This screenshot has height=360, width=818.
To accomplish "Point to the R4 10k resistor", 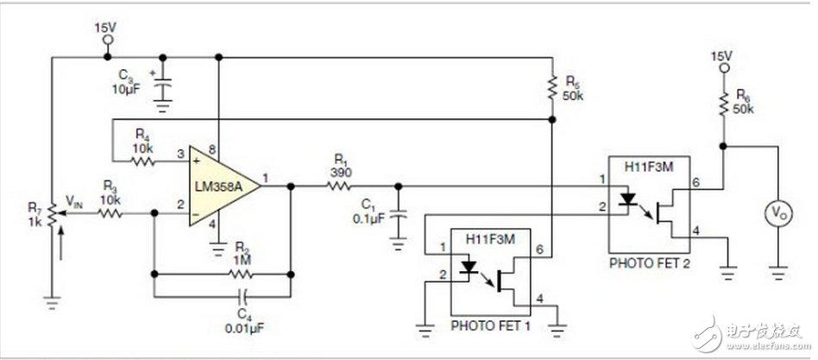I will click(x=142, y=159).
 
